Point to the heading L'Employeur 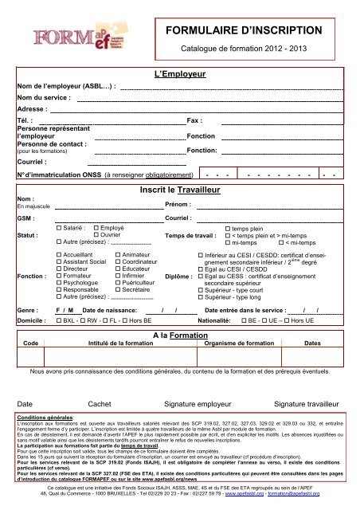click(179, 74)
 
